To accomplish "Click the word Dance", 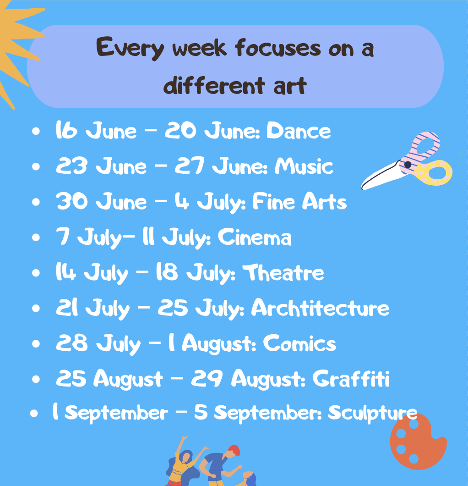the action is pyautogui.click(x=299, y=131).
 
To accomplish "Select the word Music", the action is pyautogui.click(x=304, y=166).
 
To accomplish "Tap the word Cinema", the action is pyautogui.click(x=255, y=237).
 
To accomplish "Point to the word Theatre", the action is pyautogui.click(x=283, y=272).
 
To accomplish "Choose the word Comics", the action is pyautogui.click(x=299, y=343).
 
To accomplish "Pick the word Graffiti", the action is pyautogui.click(x=351, y=378).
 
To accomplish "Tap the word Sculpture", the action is pyautogui.click(x=373, y=413).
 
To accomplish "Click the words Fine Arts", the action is pyautogui.click(x=299, y=201).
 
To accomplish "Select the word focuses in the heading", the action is pyautogui.click(x=278, y=48).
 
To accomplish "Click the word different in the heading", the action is pyautogui.click(x=214, y=85).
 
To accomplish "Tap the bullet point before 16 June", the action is pyautogui.click(x=36, y=131).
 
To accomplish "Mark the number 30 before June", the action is pyautogui.click(x=72, y=201).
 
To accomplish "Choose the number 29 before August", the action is pyautogui.click(x=207, y=378).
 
